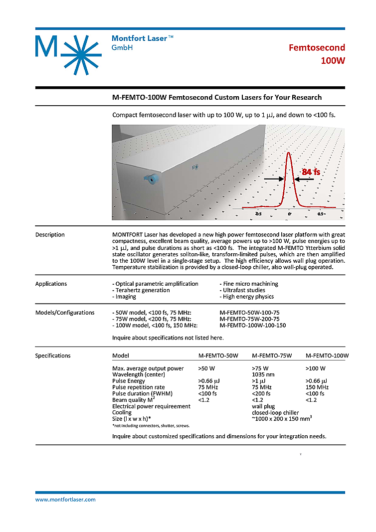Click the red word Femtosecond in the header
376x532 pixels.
(x=317, y=47)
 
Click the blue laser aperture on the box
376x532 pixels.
(x=150, y=178)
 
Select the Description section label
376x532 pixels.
(x=50, y=234)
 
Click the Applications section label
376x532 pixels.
(x=51, y=284)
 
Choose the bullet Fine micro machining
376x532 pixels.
(x=249, y=284)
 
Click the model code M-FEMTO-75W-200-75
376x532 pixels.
(x=249, y=319)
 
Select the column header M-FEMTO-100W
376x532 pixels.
(x=327, y=355)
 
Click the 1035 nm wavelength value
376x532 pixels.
(x=264, y=374)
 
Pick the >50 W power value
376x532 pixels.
(x=206, y=368)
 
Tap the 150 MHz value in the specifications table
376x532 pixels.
(x=317, y=387)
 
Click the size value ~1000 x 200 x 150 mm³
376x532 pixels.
(x=282, y=419)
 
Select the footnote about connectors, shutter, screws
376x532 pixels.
(x=151, y=425)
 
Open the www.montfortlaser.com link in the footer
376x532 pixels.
(x=65, y=499)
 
